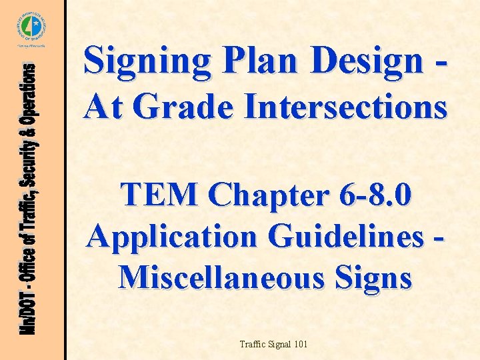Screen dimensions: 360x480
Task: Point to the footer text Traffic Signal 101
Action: (273, 344)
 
